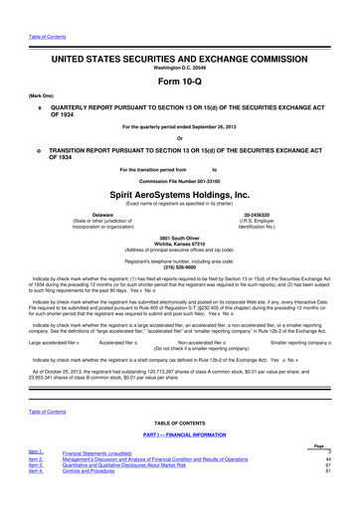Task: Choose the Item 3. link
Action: [x=35, y=491]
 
